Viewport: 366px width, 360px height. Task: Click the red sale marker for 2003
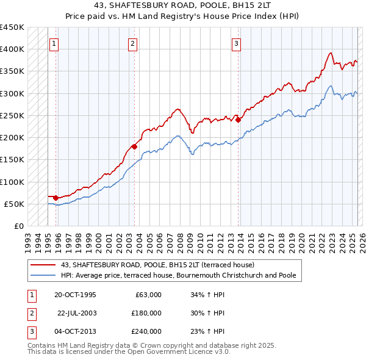click(x=134, y=146)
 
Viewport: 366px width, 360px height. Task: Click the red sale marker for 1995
click(x=56, y=198)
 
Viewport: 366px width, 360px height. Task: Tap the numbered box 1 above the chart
click(x=54, y=43)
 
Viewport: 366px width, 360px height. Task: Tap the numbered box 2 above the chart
click(x=132, y=43)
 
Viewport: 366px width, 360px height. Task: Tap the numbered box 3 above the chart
click(x=236, y=43)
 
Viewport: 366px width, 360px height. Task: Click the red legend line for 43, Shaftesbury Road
click(x=43, y=265)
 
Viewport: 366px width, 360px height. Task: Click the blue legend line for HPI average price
click(x=43, y=276)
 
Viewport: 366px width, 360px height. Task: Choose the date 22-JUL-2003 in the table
click(x=76, y=312)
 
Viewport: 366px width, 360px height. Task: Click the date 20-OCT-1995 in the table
click(x=75, y=294)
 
